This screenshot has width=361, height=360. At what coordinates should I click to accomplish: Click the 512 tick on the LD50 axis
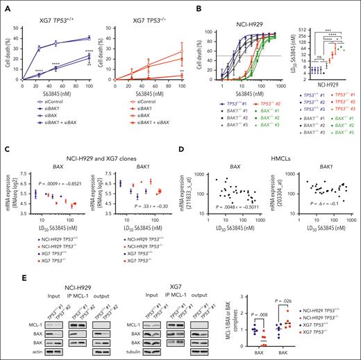[x=295, y=12]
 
